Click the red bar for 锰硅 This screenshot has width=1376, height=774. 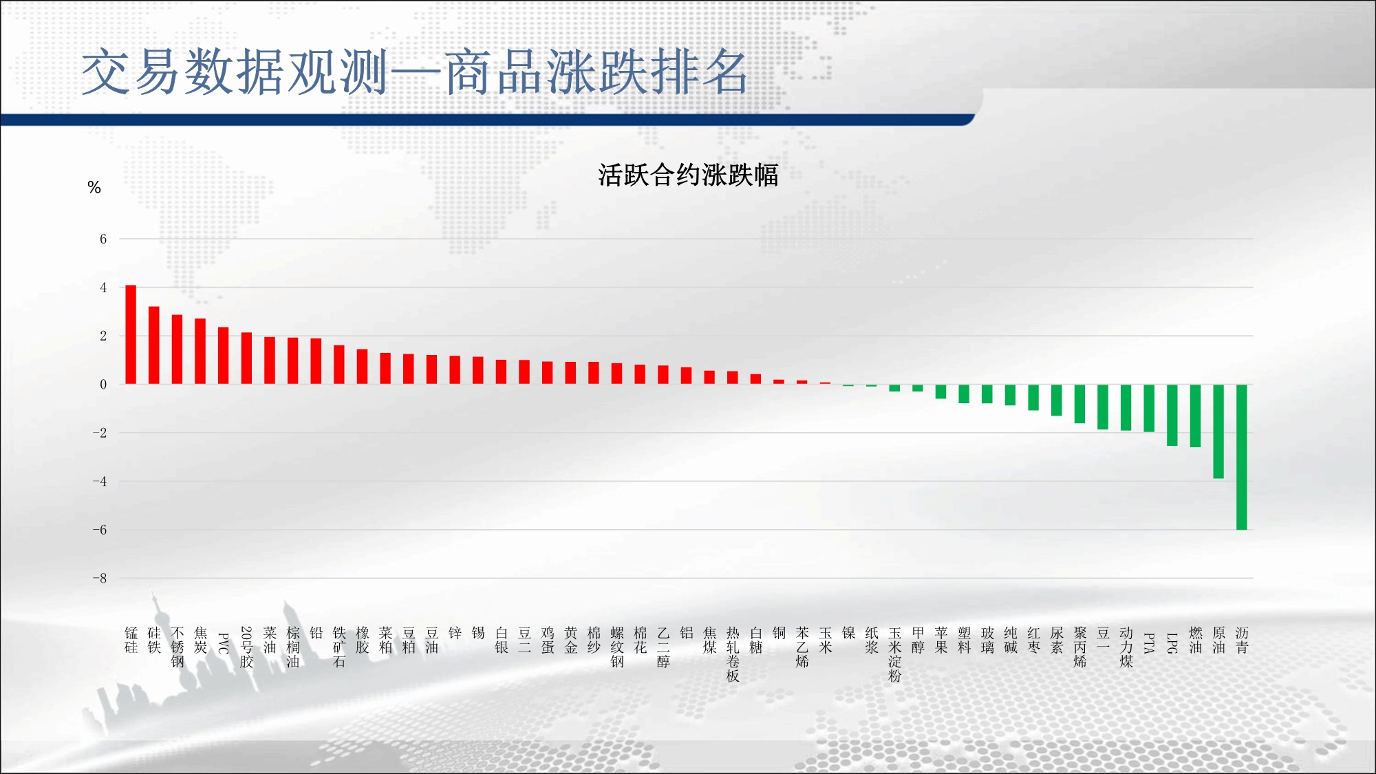click(x=131, y=334)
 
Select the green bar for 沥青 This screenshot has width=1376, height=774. click(x=1242, y=457)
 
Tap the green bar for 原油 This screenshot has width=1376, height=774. click(x=1218, y=431)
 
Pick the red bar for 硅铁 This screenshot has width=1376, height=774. click(x=154, y=345)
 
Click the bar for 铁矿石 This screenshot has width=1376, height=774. click(x=339, y=365)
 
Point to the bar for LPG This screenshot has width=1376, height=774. click(x=1172, y=415)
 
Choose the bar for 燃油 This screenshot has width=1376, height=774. click(x=1196, y=416)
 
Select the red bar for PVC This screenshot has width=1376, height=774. click(x=224, y=356)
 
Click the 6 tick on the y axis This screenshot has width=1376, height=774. click(x=103, y=239)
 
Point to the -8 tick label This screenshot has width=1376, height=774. click(x=100, y=578)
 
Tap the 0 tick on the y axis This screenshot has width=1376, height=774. click(x=103, y=384)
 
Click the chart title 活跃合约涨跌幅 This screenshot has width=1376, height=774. click(x=688, y=175)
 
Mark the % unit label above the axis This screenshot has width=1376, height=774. click(x=94, y=187)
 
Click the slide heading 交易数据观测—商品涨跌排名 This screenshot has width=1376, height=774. click(x=414, y=72)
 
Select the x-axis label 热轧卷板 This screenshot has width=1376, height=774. click(x=733, y=654)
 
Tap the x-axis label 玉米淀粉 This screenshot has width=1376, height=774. click(x=894, y=654)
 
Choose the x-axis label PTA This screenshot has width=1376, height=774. click(x=1149, y=643)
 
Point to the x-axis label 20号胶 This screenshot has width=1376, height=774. click(x=247, y=647)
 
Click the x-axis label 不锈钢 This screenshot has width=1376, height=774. click(x=178, y=647)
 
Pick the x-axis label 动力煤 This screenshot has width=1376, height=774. click(x=1126, y=647)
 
